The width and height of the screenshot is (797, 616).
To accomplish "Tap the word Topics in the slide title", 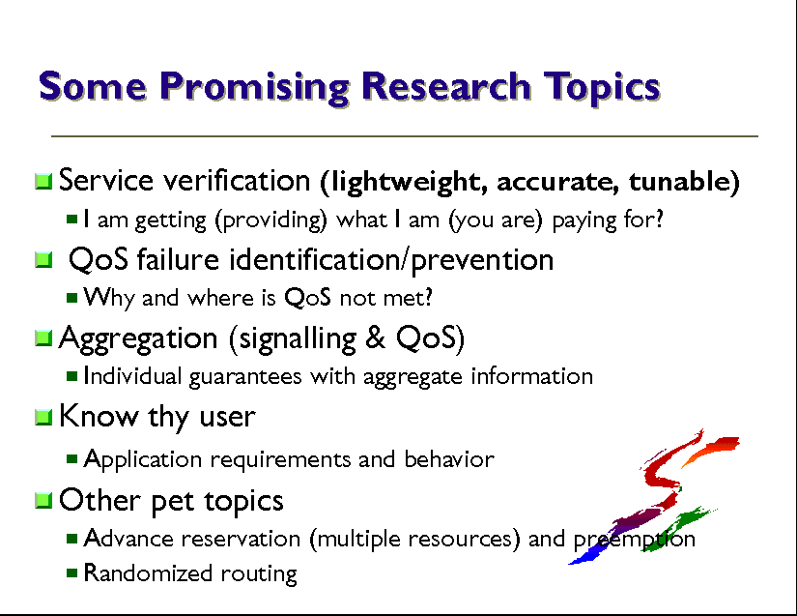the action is [602, 87].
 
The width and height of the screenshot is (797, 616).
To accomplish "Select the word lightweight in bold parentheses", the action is [404, 182].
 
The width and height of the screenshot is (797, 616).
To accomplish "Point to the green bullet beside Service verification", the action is [43, 181].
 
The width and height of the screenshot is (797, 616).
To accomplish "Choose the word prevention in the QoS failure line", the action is [482, 260].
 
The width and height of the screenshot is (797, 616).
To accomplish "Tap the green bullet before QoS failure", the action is [43, 260].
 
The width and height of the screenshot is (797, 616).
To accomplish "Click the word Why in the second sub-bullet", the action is [109, 298].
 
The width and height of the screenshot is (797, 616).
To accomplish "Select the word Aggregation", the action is [138, 338].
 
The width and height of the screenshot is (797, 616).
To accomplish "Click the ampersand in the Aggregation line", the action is [375, 337].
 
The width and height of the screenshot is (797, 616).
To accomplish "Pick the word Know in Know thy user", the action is [99, 416].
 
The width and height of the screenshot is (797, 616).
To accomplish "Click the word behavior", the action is [449, 458].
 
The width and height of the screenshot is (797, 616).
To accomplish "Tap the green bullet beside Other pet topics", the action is [43, 500].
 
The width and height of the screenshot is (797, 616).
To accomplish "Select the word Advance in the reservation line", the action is [128, 539].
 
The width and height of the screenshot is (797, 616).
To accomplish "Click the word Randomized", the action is [148, 572].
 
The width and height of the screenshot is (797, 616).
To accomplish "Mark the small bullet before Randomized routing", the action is [71, 572].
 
